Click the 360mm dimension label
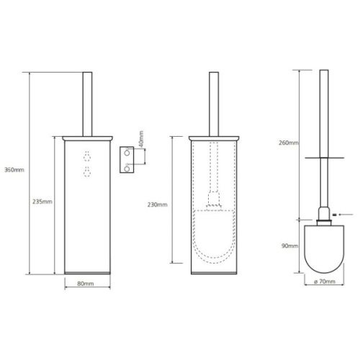coord(14,170)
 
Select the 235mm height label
coord(42,202)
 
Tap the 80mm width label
coord(86,284)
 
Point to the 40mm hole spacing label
coord(141,139)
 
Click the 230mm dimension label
coord(158,204)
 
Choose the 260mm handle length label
coord(289,143)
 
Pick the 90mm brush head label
coord(290,246)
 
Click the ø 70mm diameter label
coord(325,282)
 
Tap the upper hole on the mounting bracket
coord(127,153)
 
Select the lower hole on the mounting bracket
coord(127,169)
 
